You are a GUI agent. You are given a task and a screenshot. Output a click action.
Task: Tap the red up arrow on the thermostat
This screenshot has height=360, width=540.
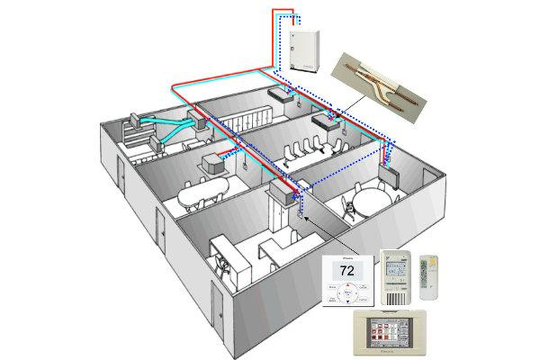(348, 288)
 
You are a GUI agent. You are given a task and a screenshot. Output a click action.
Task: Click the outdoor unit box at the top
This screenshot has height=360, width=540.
(300, 50)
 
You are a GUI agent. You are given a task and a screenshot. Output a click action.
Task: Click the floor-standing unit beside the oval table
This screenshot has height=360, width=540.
(215, 163)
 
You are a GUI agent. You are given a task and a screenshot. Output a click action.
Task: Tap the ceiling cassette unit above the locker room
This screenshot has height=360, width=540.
(283, 95)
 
